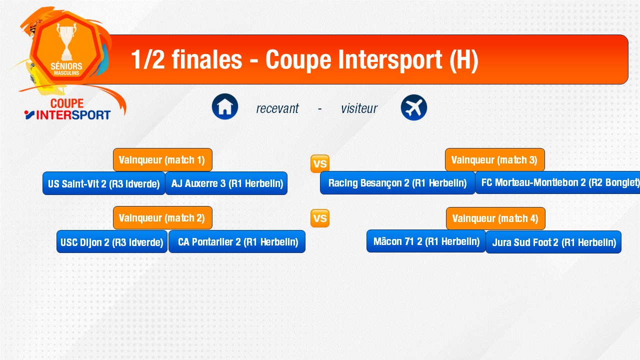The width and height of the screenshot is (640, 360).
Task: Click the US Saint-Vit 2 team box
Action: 104,183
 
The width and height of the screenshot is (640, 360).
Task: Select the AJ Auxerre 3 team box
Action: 226,183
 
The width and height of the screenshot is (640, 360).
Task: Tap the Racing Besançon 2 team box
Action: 397,183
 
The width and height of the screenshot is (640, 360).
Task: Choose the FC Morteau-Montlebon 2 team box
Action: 557,182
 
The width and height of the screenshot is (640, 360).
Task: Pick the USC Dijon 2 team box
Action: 111,241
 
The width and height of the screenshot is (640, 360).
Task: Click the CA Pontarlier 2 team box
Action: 237,241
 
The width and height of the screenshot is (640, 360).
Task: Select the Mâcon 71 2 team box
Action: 426,241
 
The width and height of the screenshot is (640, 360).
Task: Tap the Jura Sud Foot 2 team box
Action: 553,242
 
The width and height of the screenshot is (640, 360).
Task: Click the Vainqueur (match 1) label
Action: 162,159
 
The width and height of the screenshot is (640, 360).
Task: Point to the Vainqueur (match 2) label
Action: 162,217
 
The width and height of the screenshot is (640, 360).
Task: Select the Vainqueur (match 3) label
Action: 495,159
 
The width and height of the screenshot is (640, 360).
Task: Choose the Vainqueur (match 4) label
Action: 495,218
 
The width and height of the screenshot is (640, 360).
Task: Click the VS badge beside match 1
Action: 320,163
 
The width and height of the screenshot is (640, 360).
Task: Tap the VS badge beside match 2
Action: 320,218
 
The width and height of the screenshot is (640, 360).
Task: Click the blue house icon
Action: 225,106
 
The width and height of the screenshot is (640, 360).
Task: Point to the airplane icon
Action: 414,107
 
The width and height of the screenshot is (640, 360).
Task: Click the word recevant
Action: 277,108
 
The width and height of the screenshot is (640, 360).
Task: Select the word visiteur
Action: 359,108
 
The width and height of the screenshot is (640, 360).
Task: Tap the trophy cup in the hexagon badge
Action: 66,41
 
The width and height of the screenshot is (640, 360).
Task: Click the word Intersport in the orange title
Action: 390,59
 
